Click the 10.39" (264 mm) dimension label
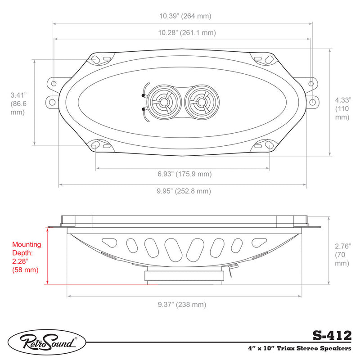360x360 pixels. pyautogui.click(x=185, y=16)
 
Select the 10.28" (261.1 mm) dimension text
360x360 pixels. pyautogui.click(x=187, y=32)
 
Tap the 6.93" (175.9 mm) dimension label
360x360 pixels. pyautogui.click(x=184, y=174)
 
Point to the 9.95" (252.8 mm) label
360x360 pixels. pyautogui.click(x=184, y=191)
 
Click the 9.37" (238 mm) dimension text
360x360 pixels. pyautogui.click(x=182, y=305)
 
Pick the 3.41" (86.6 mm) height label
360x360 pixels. pyautogui.click(x=18, y=103)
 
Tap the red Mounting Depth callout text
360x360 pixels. pyautogui.click(x=27, y=257)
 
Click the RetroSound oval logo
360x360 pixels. pyautogui.click(x=47, y=343)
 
